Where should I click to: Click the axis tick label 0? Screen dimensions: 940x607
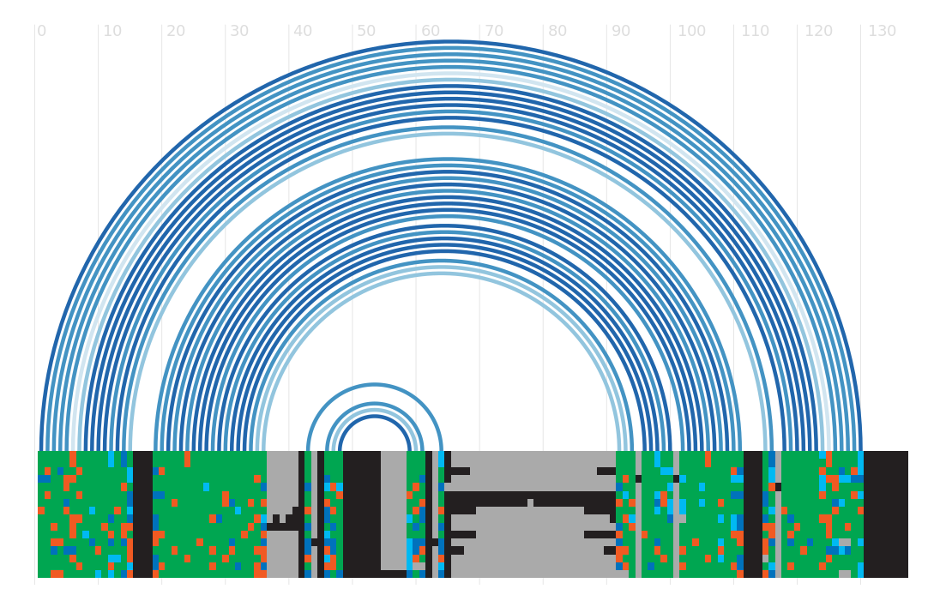[41, 31]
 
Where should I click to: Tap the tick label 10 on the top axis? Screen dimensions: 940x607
[112, 31]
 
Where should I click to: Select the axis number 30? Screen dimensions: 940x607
[239, 31]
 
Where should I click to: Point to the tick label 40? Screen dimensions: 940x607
[303, 31]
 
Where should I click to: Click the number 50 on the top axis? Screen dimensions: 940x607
[366, 31]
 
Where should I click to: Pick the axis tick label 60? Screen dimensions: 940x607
[431, 31]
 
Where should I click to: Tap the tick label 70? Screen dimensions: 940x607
[494, 31]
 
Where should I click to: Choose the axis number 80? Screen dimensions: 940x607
[557, 31]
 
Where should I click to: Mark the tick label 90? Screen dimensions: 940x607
[621, 31]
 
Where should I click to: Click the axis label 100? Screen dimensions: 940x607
[692, 31]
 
